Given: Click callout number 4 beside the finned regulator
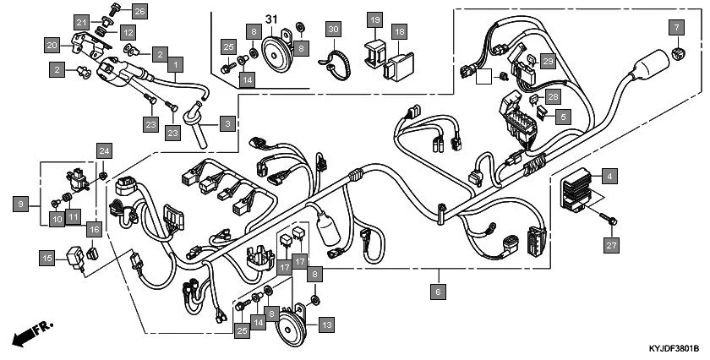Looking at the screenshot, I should pyautogui.click(x=609, y=177).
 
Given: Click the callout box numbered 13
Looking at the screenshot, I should pyautogui.click(x=326, y=323).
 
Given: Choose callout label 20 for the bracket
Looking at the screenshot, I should pyautogui.click(x=52, y=45).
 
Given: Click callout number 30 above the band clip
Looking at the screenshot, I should pyautogui.click(x=333, y=30).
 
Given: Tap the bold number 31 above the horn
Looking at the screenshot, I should pyautogui.click(x=272, y=19).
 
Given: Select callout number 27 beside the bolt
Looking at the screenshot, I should pyautogui.click(x=610, y=245).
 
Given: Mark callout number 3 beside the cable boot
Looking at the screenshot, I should pyautogui.click(x=227, y=124).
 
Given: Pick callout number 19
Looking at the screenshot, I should pyautogui.click(x=374, y=19).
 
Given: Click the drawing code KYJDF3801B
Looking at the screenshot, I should pyautogui.click(x=673, y=347).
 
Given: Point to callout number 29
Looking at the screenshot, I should pyautogui.click(x=548, y=62).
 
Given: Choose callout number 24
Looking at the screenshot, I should pyautogui.click(x=104, y=151).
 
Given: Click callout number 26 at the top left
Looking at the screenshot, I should pyautogui.click(x=139, y=11).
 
